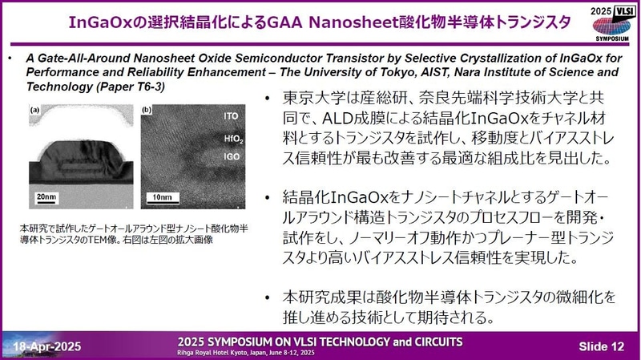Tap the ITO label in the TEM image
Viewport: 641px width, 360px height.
coord(230,117)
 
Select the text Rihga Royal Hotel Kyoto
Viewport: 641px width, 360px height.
coord(216,351)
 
